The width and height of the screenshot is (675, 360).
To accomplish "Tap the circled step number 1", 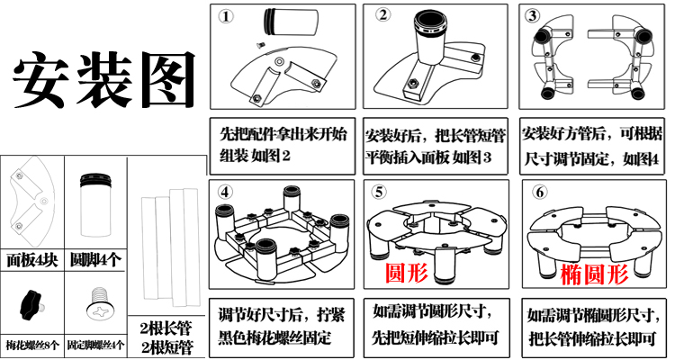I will coord(226,18).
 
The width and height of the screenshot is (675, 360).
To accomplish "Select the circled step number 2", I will coord(382,15).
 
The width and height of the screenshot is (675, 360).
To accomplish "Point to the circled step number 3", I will coord(531,16).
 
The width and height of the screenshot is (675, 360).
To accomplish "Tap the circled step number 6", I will coord(539,192).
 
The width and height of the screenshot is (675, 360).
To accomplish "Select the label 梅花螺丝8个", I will coord(31,346).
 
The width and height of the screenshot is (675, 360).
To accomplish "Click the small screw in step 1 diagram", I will coord(256,45).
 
